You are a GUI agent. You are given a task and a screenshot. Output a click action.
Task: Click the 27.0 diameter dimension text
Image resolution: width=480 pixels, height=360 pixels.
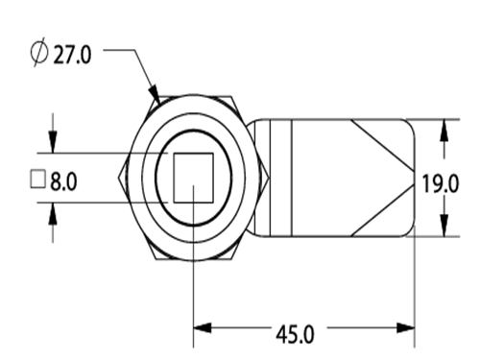point(72,55)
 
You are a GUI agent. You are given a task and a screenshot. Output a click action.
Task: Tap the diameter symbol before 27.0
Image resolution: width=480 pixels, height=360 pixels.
point(39,53)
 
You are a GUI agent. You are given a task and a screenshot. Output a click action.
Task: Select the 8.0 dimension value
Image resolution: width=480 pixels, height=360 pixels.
point(63,181)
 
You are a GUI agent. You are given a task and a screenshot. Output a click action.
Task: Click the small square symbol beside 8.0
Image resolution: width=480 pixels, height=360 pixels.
point(37,180)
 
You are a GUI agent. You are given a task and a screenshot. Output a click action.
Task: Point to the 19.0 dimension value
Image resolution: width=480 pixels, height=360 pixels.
point(441,183)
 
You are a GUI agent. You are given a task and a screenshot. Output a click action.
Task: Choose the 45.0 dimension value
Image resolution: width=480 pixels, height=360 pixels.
point(295,334)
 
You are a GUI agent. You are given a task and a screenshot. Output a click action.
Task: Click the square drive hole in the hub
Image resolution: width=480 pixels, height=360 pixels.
point(193,178)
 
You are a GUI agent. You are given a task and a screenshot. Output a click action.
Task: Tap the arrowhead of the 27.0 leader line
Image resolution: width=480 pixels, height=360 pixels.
point(155,95)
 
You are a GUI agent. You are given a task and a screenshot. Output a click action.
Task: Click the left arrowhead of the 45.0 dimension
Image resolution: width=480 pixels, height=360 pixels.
point(203,328)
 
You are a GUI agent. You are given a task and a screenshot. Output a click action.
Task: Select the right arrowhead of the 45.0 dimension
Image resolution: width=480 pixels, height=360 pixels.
point(405,328)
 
